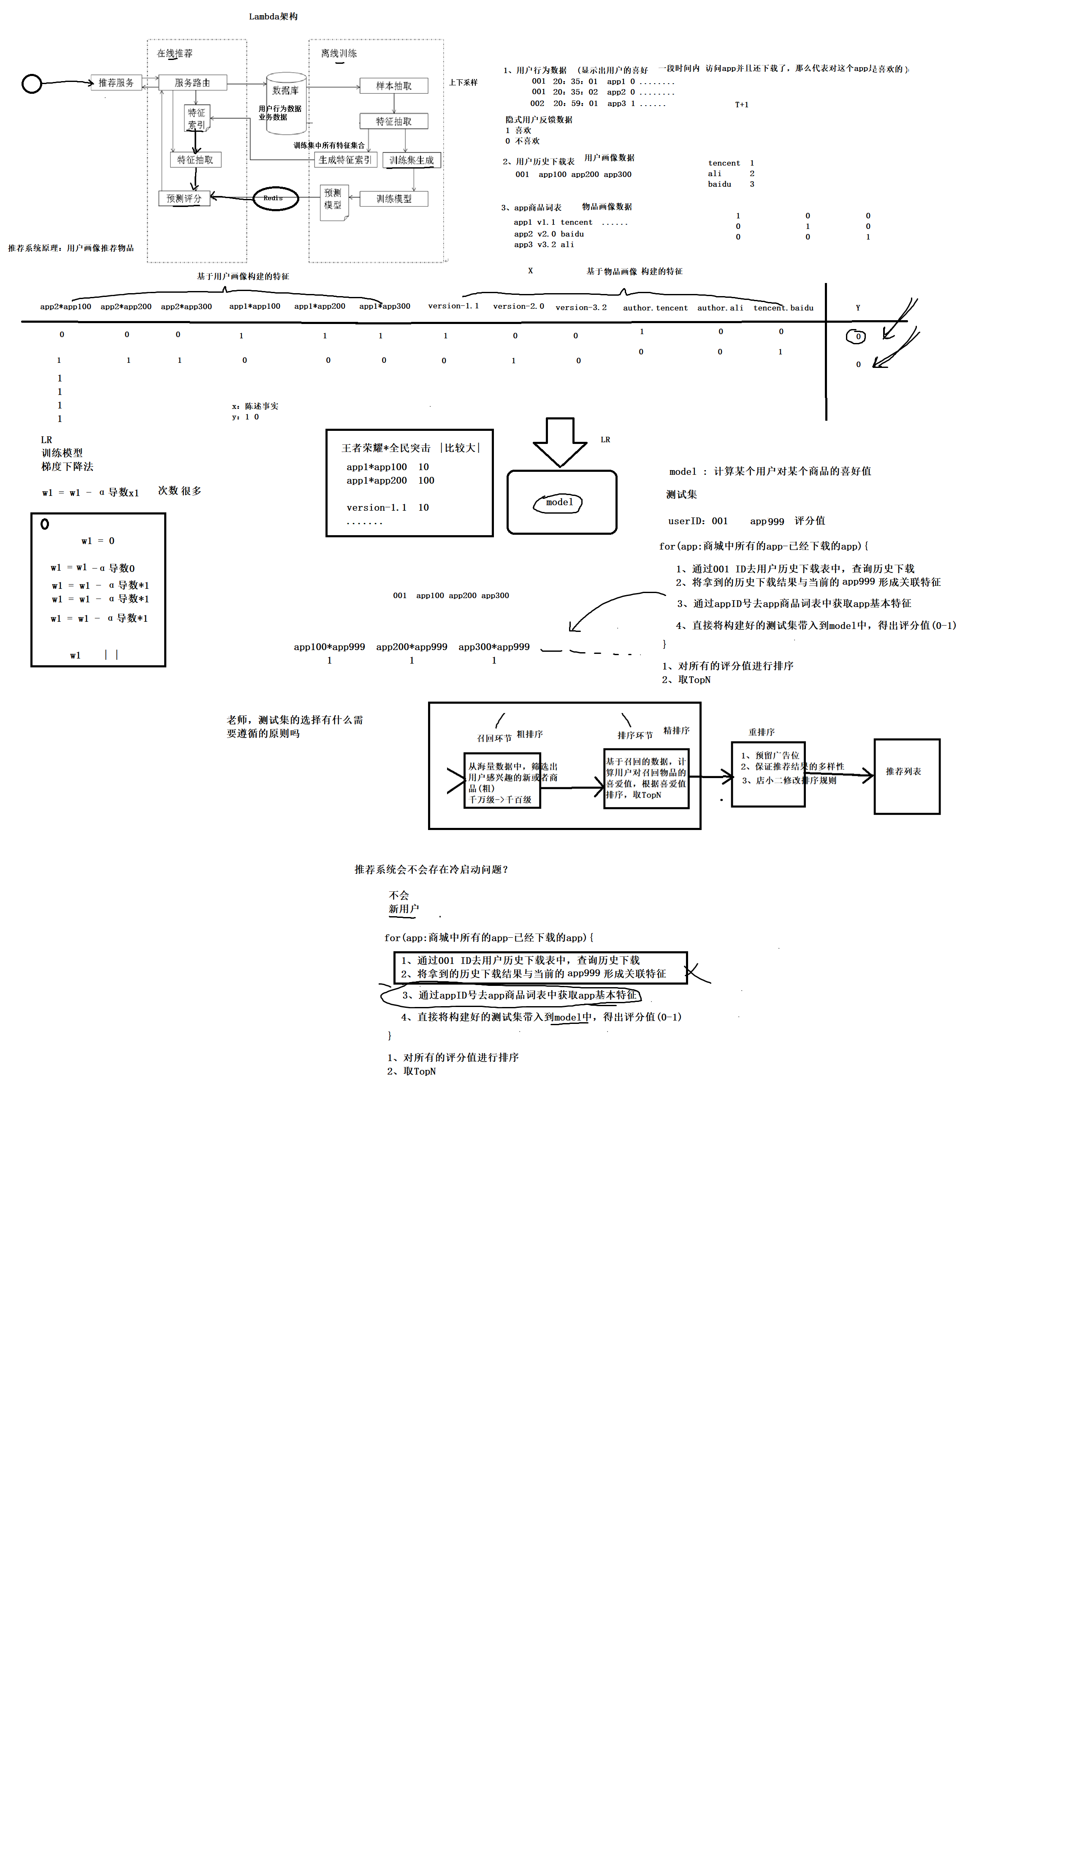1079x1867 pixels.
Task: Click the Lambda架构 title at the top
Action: pos(273,16)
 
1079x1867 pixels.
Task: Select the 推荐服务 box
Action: pos(116,82)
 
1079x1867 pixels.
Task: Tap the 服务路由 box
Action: pos(192,82)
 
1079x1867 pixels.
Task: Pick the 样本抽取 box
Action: pos(393,86)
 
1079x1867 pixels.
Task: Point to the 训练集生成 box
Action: pos(411,160)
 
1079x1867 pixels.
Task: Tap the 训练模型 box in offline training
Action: pos(393,199)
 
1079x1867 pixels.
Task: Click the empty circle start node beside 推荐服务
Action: pos(31,84)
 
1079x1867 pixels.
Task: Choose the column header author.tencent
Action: pos(655,308)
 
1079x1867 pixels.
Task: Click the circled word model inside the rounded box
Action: pos(558,502)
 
